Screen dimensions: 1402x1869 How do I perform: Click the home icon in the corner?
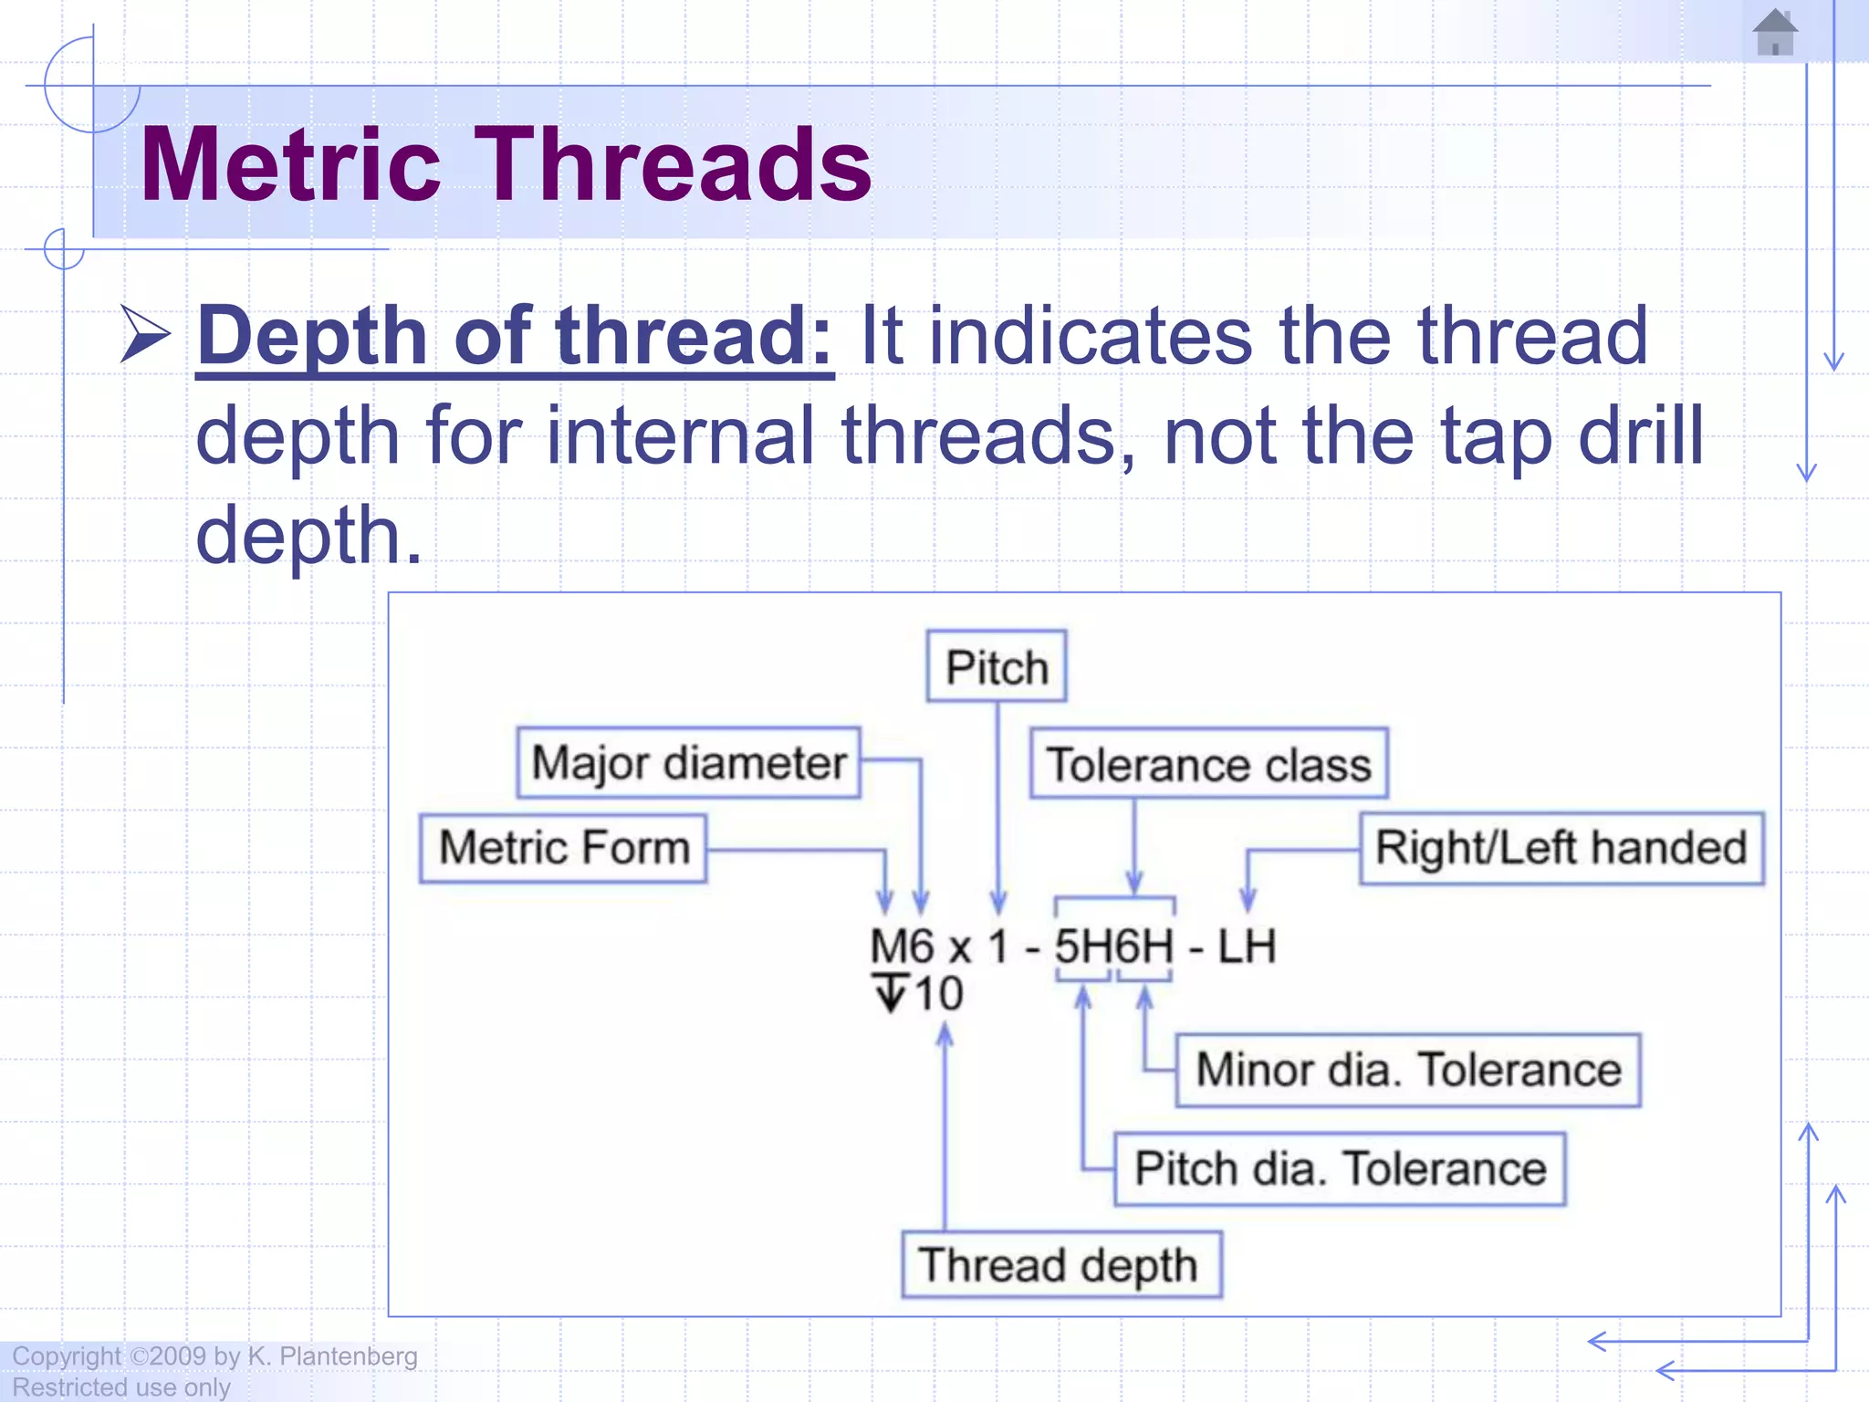(x=1775, y=32)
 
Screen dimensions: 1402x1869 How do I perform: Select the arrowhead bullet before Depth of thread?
(x=145, y=335)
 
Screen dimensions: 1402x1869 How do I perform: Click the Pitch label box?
(x=996, y=666)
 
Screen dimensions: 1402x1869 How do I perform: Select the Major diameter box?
(x=688, y=762)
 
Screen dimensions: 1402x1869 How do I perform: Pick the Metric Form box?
(x=563, y=847)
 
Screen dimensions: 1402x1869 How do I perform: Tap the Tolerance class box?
(x=1208, y=764)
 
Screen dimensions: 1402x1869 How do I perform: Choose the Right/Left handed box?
(x=1561, y=847)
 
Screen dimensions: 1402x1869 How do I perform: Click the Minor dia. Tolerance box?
(x=1407, y=1070)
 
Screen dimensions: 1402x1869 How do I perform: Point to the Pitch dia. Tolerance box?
(x=1339, y=1169)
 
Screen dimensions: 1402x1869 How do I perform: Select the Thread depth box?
(x=1060, y=1265)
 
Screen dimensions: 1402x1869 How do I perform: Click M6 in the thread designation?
(x=902, y=947)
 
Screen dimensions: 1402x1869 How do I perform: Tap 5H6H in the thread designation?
(x=1113, y=947)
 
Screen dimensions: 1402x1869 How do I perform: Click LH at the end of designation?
(x=1247, y=947)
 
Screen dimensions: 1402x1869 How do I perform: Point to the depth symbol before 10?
(x=891, y=993)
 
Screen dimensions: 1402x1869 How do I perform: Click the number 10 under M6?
(x=938, y=993)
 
